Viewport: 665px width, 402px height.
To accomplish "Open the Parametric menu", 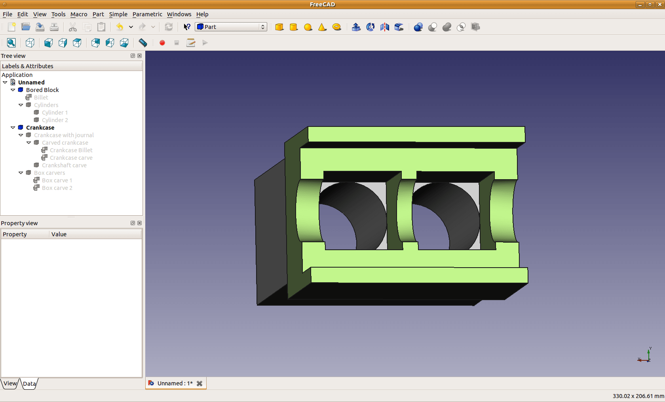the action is click(x=147, y=14).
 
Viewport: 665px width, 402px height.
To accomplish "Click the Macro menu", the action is click(x=79, y=14).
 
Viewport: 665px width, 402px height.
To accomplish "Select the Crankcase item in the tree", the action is click(x=40, y=128).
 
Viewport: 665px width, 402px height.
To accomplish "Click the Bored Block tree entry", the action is click(x=42, y=90).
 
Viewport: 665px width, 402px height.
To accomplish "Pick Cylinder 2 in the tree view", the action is click(x=55, y=120).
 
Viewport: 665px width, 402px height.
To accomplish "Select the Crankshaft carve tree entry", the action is click(x=64, y=165).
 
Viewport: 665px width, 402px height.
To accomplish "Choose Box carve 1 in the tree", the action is click(x=57, y=180).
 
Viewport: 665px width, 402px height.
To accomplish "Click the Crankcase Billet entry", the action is click(x=71, y=150).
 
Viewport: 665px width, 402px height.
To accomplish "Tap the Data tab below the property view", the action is click(x=29, y=384).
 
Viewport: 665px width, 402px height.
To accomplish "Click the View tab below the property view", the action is click(x=10, y=383).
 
